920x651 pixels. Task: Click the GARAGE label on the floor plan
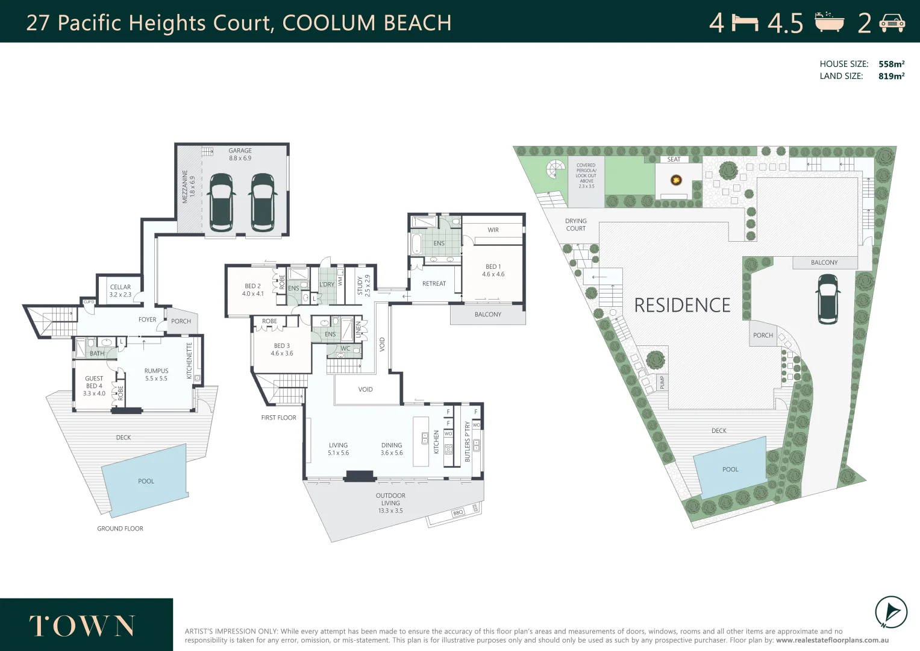pyautogui.click(x=240, y=151)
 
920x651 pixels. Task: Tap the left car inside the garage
pyautogui.click(x=221, y=202)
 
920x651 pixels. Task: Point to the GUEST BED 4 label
pyautogui.click(x=94, y=386)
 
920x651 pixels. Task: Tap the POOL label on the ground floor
pyautogui.click(x=146, y=481)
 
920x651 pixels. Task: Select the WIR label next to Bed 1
pyautogui.click(x=493, y=230)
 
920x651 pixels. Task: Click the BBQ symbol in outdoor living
pyautogui.click(x=458, y=512)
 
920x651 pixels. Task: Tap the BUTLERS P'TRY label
pyautogui.click(x=468, y=442)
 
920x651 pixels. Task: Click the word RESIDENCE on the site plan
pyautogui.click(x=682, y=306)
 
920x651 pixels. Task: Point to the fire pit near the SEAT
pyautogui.click(x=676, y=180)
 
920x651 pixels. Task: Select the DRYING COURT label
pyautogui.click(x=575, y=225)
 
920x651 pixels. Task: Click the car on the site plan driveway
pyautogui.click(x=828, y=299)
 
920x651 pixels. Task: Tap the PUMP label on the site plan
pyautogui.click(x=662, y=382)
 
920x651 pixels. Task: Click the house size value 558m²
pyautogui.click(x=891, y=64)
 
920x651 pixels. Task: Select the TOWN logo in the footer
pyautogui.click(x=83, y=626)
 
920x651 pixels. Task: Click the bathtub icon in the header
pyautogui.click(x=829, y=22)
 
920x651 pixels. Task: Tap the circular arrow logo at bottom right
pyautogui.click(x=890, y=612)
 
